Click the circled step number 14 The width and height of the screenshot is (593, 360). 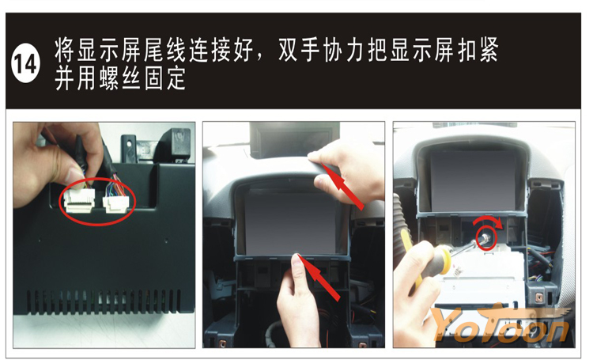coord(26,63)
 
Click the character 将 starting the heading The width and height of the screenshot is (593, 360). coord(65,50)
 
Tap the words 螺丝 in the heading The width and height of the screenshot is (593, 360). coord(120,78)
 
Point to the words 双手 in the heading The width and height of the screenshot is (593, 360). coord(299,50)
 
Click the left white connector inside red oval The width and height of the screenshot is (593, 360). coord(79,200)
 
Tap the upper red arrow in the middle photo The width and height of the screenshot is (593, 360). coord(342,186)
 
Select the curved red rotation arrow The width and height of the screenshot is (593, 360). coord(488,221)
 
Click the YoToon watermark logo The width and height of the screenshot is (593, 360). coord(501,324)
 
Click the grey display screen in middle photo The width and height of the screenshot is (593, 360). coord(291,222)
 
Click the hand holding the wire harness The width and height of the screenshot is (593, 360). coord(57,163)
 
